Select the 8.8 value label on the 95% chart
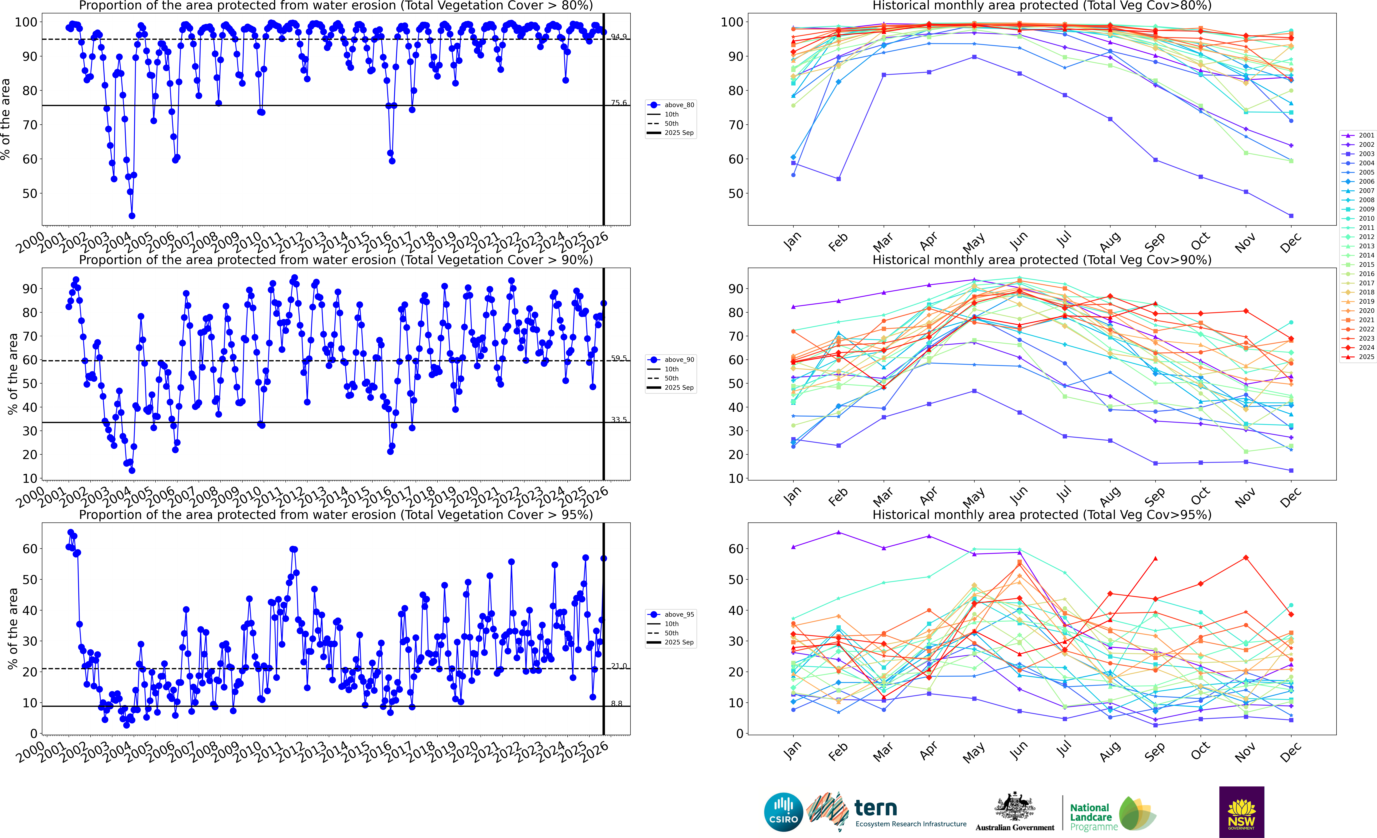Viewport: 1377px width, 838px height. (616, 703)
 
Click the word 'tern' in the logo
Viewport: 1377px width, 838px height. (876, 808)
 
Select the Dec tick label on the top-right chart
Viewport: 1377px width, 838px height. (1290, 244)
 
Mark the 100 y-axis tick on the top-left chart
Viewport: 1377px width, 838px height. (26, 22)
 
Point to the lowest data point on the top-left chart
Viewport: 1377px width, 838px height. (132, 216)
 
